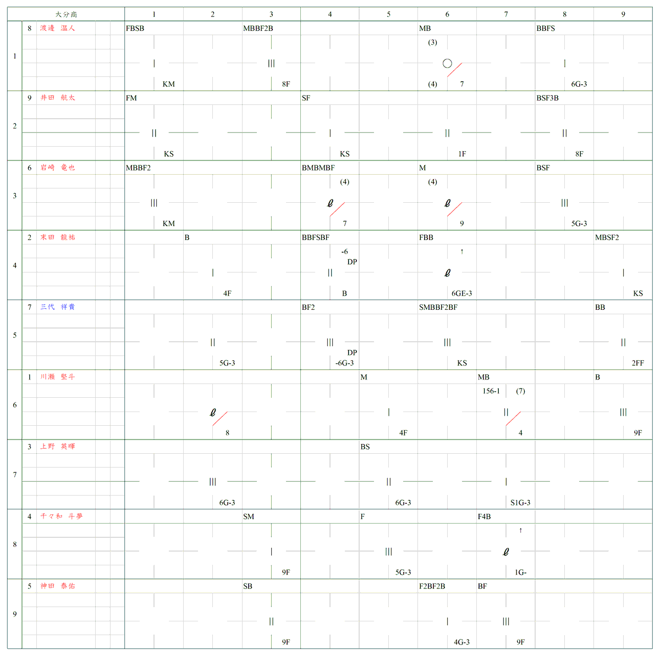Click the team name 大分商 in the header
tap(66, 14)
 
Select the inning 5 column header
tap(388, 14)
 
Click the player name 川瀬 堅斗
tap(57, 377)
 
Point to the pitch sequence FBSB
tap(135, 29)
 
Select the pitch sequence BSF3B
tap(547, 98)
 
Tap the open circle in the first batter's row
tap(447, 64)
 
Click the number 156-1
tap(491, 391)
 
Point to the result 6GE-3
tap(461, 293)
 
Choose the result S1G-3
tap(520, 503)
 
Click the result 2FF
tap(637, 363)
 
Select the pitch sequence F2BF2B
tap(432, 586)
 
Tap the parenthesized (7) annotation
tap(520, 391)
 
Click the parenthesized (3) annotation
tap(432, 42)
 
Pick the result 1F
tap(462, 154)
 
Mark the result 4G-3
tap(461, 642)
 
